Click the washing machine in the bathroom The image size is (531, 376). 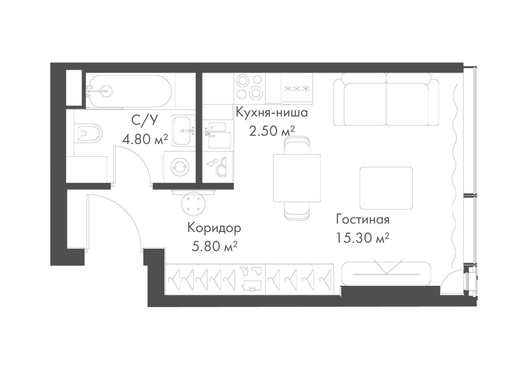(179, 167)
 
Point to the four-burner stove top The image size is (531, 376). (250, 87)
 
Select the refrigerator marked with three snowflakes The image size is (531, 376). (297, 88)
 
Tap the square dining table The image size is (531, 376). (296, 178)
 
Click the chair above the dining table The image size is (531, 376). (296, 145)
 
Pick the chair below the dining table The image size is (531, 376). (297, 211)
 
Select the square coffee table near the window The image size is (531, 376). (386, 188)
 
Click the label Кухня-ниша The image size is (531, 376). (272, 113)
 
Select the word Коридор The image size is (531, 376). (214, 228)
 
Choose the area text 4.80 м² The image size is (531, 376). (144, 139)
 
